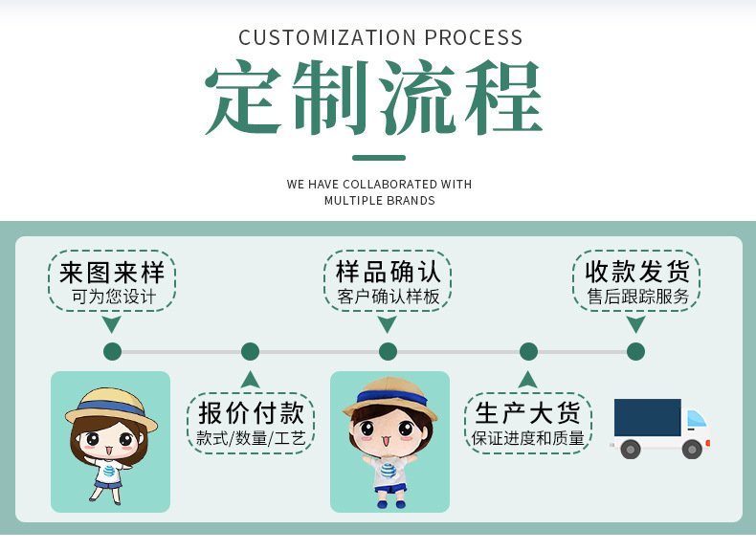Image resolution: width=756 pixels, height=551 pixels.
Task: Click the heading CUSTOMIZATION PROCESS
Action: (x=380, y=38)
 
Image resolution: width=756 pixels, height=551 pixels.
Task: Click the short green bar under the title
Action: (x=378, y=158)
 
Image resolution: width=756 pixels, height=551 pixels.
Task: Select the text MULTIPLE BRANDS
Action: (x=379, y=201)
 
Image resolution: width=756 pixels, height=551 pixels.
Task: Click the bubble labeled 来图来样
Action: (x=112, y=273)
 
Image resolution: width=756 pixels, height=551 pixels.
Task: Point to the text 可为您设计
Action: (x=113, y=297)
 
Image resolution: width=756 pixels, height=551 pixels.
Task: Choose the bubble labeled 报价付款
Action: (x=251, y=413)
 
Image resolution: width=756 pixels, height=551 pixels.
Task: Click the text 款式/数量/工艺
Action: (x=251, y=438)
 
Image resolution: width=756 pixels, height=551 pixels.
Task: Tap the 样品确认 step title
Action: (x=388, y=273)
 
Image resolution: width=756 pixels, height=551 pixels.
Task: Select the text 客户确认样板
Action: (x=388, y=297)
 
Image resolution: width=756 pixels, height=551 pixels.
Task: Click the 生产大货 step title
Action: (x=528, y=413)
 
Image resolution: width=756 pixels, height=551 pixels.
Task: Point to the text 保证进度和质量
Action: (x=528, y=438)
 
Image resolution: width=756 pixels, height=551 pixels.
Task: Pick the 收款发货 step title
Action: (x=636, y=273)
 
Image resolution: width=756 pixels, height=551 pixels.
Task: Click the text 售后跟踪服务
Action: (x=637, y=297)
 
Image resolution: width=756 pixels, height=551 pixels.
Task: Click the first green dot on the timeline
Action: (x=112, y=351)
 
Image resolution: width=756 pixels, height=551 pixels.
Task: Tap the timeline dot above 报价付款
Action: (x=250, y=351)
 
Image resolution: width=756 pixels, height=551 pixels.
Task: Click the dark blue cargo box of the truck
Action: (x=647, y=418)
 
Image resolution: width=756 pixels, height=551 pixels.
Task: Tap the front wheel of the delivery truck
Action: (x=692, y=448)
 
